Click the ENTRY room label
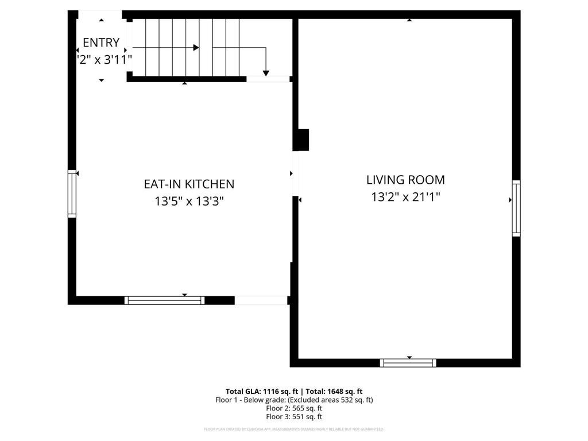click(x=101, y=42)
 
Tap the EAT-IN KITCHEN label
click(x=189, y=184)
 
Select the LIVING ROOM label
click(x=405, y=180)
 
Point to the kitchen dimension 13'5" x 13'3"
click(x=189, y=202)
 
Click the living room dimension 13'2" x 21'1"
click(x=405, y=197)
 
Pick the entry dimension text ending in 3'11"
click(x=105, y=59)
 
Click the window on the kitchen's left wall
click(x=72, y=194)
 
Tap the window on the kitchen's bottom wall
click(x=164, y=300)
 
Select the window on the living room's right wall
click(x=516, y=208)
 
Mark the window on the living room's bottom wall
click(x=408, y=362)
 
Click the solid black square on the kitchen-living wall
click(x=302, y=140)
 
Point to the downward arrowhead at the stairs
click(x=265, y=73)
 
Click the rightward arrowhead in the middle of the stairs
click(x=196, y=48)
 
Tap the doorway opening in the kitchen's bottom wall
click(x=261, y=300)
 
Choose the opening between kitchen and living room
click(x=295, y=173)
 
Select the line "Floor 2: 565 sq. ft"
click(x=294, y=408)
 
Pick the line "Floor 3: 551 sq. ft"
click(x=294, y=417)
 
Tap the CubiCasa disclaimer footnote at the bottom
click(x=294, y=429)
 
